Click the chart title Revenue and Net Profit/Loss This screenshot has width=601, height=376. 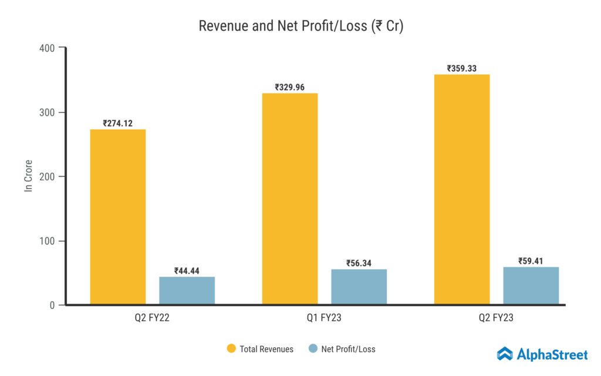pos(300,26)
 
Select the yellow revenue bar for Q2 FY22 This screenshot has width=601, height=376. pos(118,217)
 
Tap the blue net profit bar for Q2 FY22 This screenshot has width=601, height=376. pos(187,290)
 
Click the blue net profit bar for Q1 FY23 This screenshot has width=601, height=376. pos(359,287)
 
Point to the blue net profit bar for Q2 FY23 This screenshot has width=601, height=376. pos(531,286)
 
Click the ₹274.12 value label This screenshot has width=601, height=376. pos(117,123)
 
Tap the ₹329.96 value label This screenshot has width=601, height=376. pos(290,87)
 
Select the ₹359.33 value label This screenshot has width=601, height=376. pos(461,68)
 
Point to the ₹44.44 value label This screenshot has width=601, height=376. pos(187,271)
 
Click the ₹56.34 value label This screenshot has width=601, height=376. pos(359,263)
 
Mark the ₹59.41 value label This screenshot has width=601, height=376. pos(531,261)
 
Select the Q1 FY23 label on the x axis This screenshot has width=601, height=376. pos(324,318)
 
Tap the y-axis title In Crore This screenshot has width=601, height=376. pos(28,176)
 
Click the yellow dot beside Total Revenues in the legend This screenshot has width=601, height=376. pos(231,349)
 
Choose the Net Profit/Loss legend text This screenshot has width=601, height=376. pos(349,349)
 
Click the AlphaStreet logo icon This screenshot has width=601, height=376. pos(504,354)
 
